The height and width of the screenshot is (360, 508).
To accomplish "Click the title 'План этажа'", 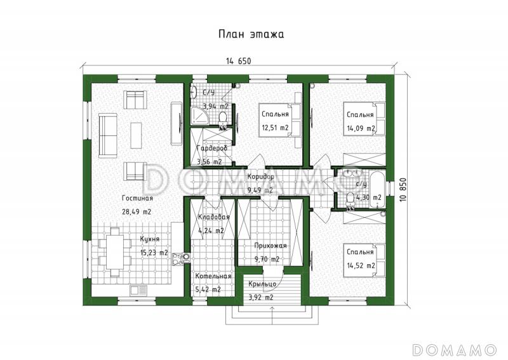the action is [251, 34].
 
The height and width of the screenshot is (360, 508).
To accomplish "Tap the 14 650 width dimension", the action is [239, 61].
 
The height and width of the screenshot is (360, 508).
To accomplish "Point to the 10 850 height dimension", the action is [403, 190].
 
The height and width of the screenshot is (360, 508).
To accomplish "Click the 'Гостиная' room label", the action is [137, 198].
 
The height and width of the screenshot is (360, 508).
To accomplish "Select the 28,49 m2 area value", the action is [137, 212].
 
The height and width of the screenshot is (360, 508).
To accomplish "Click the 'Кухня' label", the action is [150, 239].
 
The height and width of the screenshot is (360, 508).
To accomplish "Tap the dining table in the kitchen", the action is [115, 253].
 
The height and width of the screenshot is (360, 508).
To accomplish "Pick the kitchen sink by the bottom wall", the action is [138, 290].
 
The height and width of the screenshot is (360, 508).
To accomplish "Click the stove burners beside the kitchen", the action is [178, 258].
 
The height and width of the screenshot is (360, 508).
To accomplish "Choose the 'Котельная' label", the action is [213, 276].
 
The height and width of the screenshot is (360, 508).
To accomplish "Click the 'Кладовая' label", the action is [214, 217].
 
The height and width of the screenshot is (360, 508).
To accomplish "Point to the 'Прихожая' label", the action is [271, 246].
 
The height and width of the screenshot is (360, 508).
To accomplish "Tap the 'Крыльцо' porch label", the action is [262, 284].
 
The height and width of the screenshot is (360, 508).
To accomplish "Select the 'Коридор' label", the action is [260, 177].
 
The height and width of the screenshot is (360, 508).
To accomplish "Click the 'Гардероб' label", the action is [212, 148].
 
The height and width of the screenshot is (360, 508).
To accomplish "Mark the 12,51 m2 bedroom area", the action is [275, 128].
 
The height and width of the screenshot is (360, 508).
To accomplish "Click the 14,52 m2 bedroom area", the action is [361, 266].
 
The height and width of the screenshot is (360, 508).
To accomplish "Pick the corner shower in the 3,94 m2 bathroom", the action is [197, 116].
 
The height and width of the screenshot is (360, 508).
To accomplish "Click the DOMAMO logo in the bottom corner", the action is [455, 350].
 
